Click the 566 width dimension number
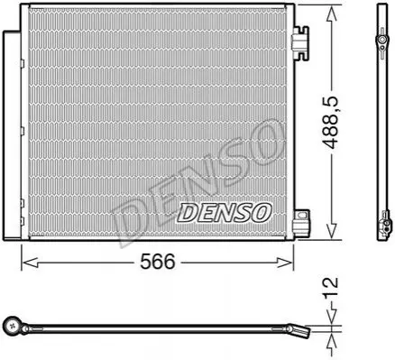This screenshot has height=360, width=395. pyautogui.click(x=158, y=262)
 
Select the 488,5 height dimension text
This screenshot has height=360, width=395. pyautogui.click(x=331, y=123)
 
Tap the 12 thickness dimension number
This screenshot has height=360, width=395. pyautogui.click(x=331, y=287)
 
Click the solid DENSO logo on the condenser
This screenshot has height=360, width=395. pyautogui.click(x=225, y=213)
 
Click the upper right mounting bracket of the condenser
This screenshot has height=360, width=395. pyautogui.click(x=301, y=42)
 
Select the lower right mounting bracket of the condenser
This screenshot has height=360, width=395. pyautogui.click(x=301, y=223)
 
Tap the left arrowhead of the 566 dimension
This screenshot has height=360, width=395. pyautogui.click(x=30, y=263)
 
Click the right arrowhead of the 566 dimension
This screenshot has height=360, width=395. pyautogui.click(x=284, y=263)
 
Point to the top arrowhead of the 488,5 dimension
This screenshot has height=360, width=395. pyautogui.click(x=331, y=14)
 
